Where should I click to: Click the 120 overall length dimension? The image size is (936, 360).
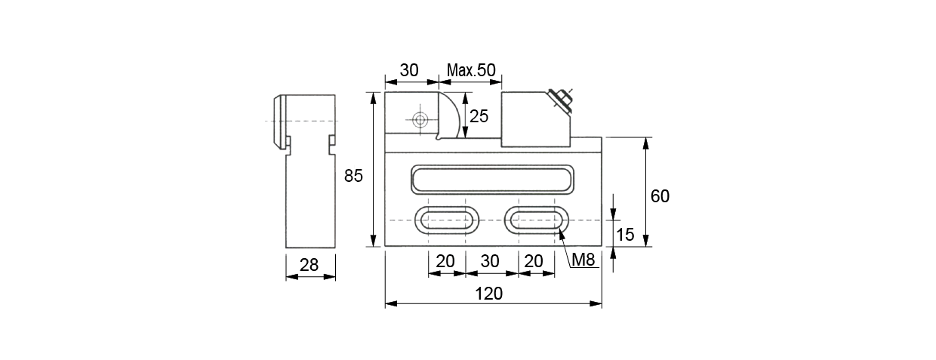pos(488,294)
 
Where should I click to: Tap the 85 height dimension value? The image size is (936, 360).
pos(353,176)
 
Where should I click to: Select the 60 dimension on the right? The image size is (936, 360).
pos(660,196)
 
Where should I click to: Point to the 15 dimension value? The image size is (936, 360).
pos(625,235)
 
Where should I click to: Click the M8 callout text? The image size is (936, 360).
pos(583,260)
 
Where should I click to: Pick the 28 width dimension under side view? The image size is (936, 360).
pos(309,265)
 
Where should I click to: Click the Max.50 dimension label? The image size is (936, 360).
pos(471,70)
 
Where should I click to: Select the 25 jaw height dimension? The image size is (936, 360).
pos(479,116)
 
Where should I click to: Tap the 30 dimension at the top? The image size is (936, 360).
pos(408,70)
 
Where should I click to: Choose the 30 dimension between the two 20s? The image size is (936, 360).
pos(490,261)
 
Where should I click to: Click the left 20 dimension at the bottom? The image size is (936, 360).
pos(445,261)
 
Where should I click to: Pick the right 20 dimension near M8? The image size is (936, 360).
pos(533,261)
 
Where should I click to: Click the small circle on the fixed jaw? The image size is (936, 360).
pos(420,120)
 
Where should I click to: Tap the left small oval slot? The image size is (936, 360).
pos(447,220)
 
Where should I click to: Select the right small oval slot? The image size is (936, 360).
pos(537,220)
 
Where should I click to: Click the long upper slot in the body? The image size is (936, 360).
pos(492,180)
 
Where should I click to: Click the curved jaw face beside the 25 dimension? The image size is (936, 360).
pos(449,115)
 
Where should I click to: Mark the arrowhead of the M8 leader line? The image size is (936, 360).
pos(559,229)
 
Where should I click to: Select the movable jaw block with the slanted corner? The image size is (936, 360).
pos(536,119)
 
